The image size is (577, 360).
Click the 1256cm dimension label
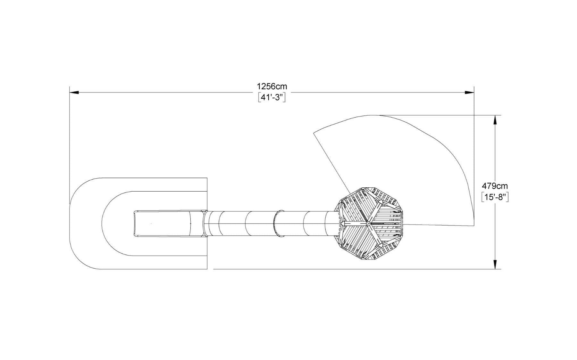272,86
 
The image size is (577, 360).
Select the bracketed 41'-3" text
272,97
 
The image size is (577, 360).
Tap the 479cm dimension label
495,186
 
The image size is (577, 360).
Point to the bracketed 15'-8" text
495,197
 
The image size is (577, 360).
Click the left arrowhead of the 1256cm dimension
74,93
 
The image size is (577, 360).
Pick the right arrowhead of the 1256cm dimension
470,93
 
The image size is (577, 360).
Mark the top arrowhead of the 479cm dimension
495,120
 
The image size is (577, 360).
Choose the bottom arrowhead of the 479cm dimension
495,264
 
